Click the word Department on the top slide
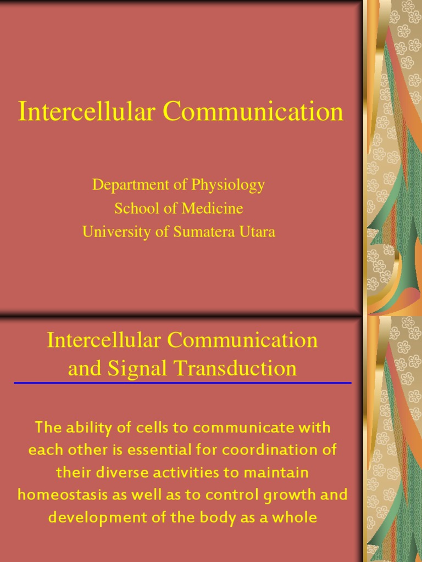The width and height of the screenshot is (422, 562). (126, 186)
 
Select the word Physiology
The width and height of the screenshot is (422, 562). (228, 186)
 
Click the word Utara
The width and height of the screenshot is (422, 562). (256, 232)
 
